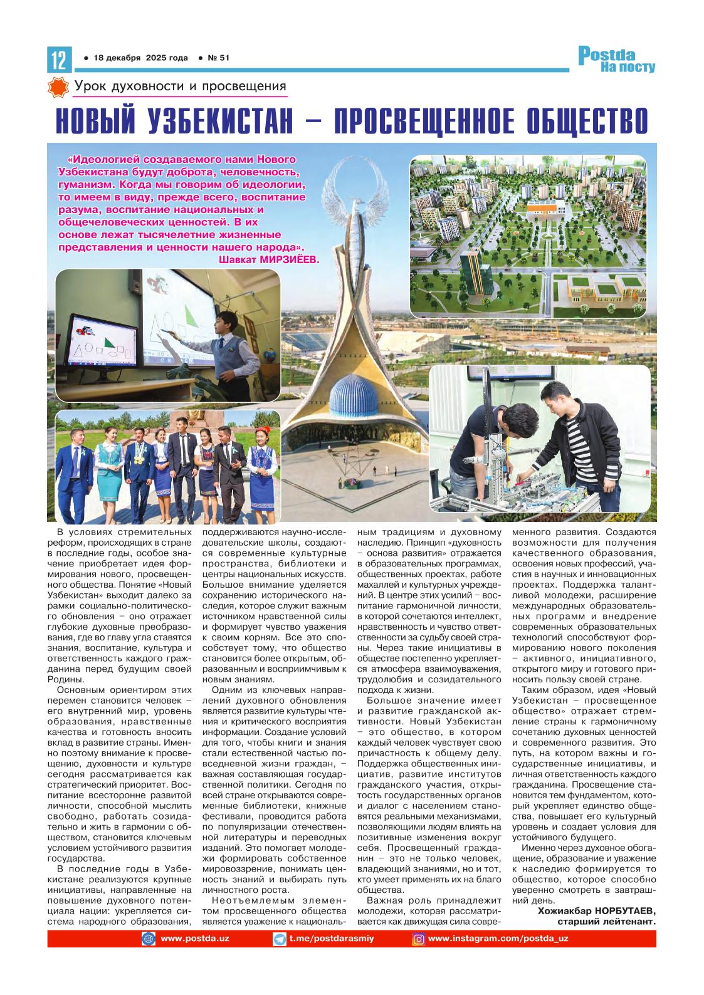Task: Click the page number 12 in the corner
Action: tap(56, 60)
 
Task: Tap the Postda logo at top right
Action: tap(616, 59)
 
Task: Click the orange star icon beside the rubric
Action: tap(58, 87)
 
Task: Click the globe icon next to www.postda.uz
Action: tap(149, 939)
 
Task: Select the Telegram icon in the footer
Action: tap(280, 939)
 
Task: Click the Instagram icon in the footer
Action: tap(418, 939)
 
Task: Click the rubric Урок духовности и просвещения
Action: tap(180, 86)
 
